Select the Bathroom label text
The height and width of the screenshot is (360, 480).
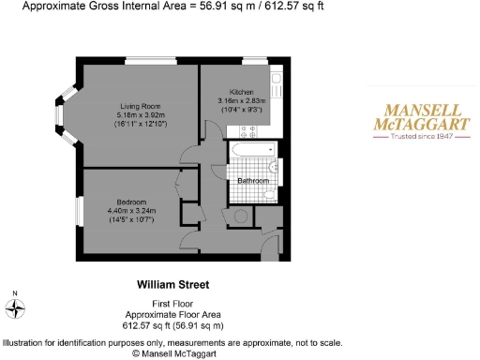[x=253, y=180]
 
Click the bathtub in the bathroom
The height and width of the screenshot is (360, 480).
[x=251, y=148]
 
